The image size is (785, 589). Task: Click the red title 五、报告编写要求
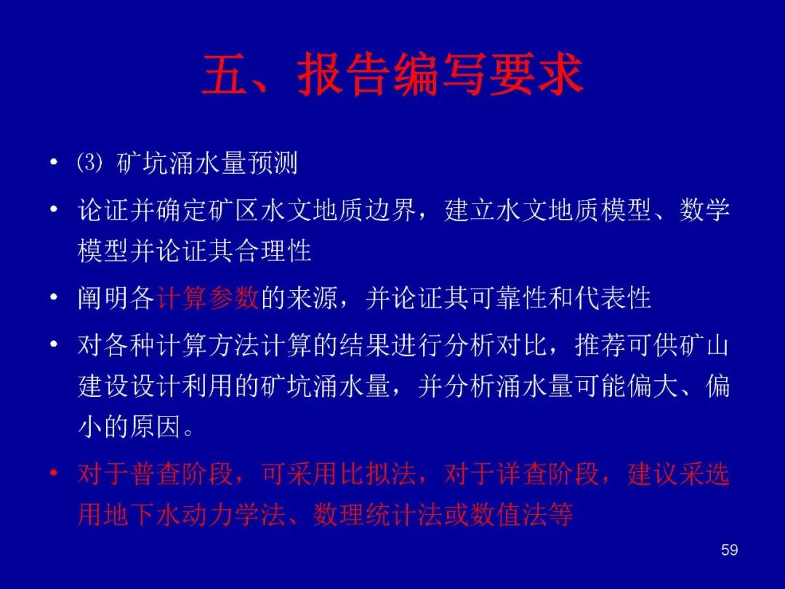(392, 74)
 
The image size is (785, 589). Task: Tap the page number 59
(730, 550)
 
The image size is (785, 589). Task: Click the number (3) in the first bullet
(90, 163)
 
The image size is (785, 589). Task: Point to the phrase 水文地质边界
(339, 210)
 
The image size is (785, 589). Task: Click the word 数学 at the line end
(704, 210)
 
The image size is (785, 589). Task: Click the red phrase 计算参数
(207, 298)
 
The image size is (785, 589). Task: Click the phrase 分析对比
(496, 345)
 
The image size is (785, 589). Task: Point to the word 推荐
(600, 345)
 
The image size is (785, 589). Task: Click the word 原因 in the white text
(156, 427)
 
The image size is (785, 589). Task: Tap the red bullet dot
(54, 473)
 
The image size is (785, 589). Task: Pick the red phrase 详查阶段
(548, 473)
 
